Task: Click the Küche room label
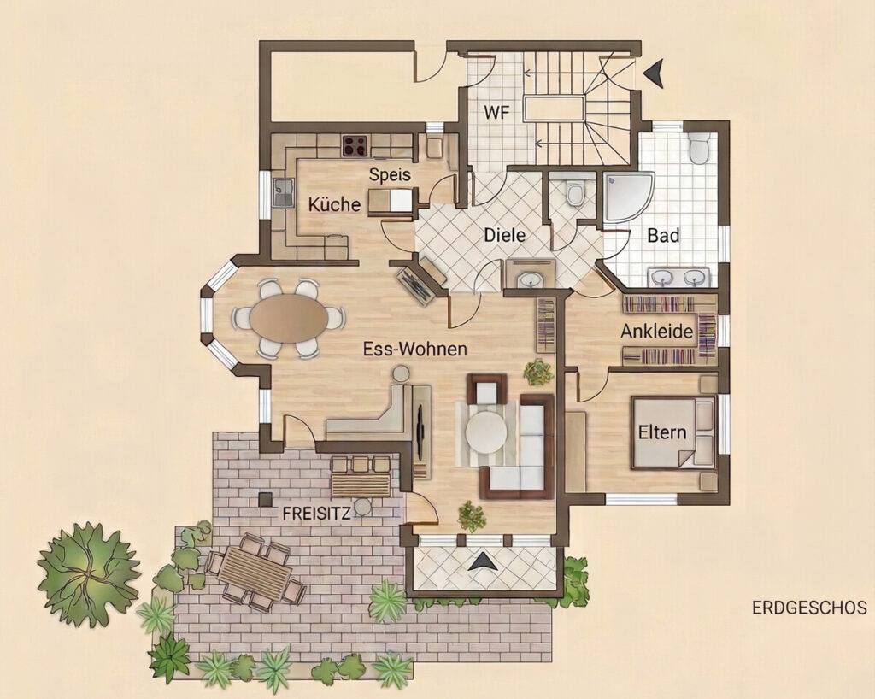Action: pyautogui.click(x=334, y=204)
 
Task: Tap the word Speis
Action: pyautogui.click(x=390, y=174)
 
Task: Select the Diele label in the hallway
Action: pyautogui.click(x=504, y=235)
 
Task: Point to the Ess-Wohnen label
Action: pyautogui.click(x=414, y=349)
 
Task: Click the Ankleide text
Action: pyautogui.click(x=657, y=332)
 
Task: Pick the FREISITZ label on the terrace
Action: pyautogui.click(x=316, y=514)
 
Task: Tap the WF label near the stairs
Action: pyautogui.click(x=496, y=113)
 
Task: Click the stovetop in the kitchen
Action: pyautogui.click(x=355, y=146)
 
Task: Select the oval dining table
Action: pyautogui.click(x=289, y=318)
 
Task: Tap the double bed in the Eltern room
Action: pyautogui.click(x=673, y=432)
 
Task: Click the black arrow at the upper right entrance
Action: pyautogui.click(x=654, y=73)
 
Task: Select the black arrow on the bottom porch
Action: pyautogui.click(x=483, y=561)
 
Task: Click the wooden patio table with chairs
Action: pyautogui.click(x=256, y=573)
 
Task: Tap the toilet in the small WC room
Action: pyautogui.click(x=573, y=192)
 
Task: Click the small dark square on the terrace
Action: pyautogui.click(x=265, y=499)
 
